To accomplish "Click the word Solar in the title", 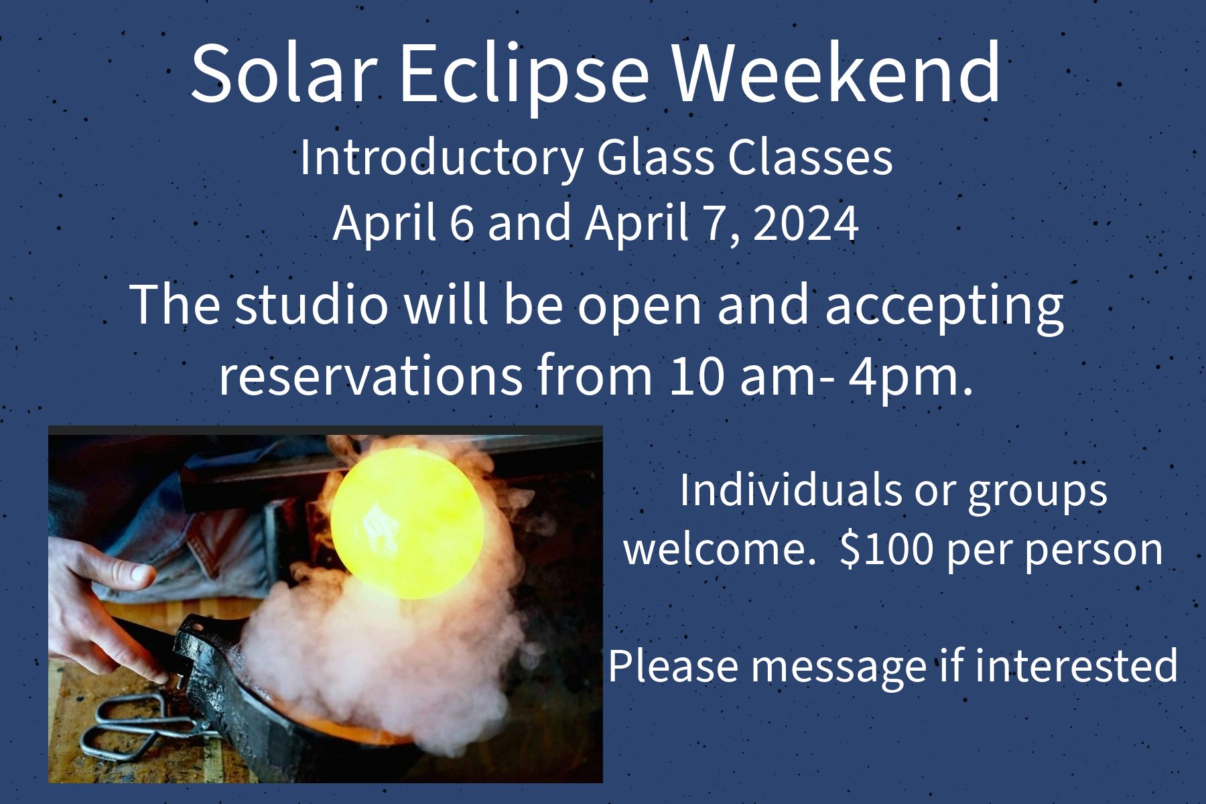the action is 281,72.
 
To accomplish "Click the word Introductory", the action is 442,158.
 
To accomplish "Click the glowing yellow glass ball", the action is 407,523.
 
